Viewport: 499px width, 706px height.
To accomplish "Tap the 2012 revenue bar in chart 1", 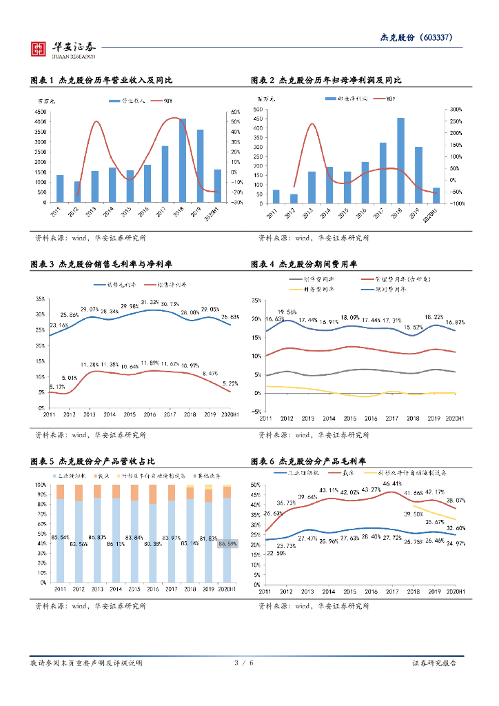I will click(x=77, y=192).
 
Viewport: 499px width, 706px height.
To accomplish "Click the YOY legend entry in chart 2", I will click(x=387, y=99).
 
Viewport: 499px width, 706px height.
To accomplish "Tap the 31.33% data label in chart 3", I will click(x=150, y=303).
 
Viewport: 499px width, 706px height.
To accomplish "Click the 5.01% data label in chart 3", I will click(x=68, y=378).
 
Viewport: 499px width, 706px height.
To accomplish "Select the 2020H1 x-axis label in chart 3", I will click(x=228, y=415).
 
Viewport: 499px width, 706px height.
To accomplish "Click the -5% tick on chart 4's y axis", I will click(x=255, y=412).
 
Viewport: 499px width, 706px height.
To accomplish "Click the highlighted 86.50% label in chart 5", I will click(x=227, y=544).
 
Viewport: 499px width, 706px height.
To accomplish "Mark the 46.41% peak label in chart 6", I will click(x=392, y=484).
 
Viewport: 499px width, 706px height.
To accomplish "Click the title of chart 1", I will click(x=96, y=80).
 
